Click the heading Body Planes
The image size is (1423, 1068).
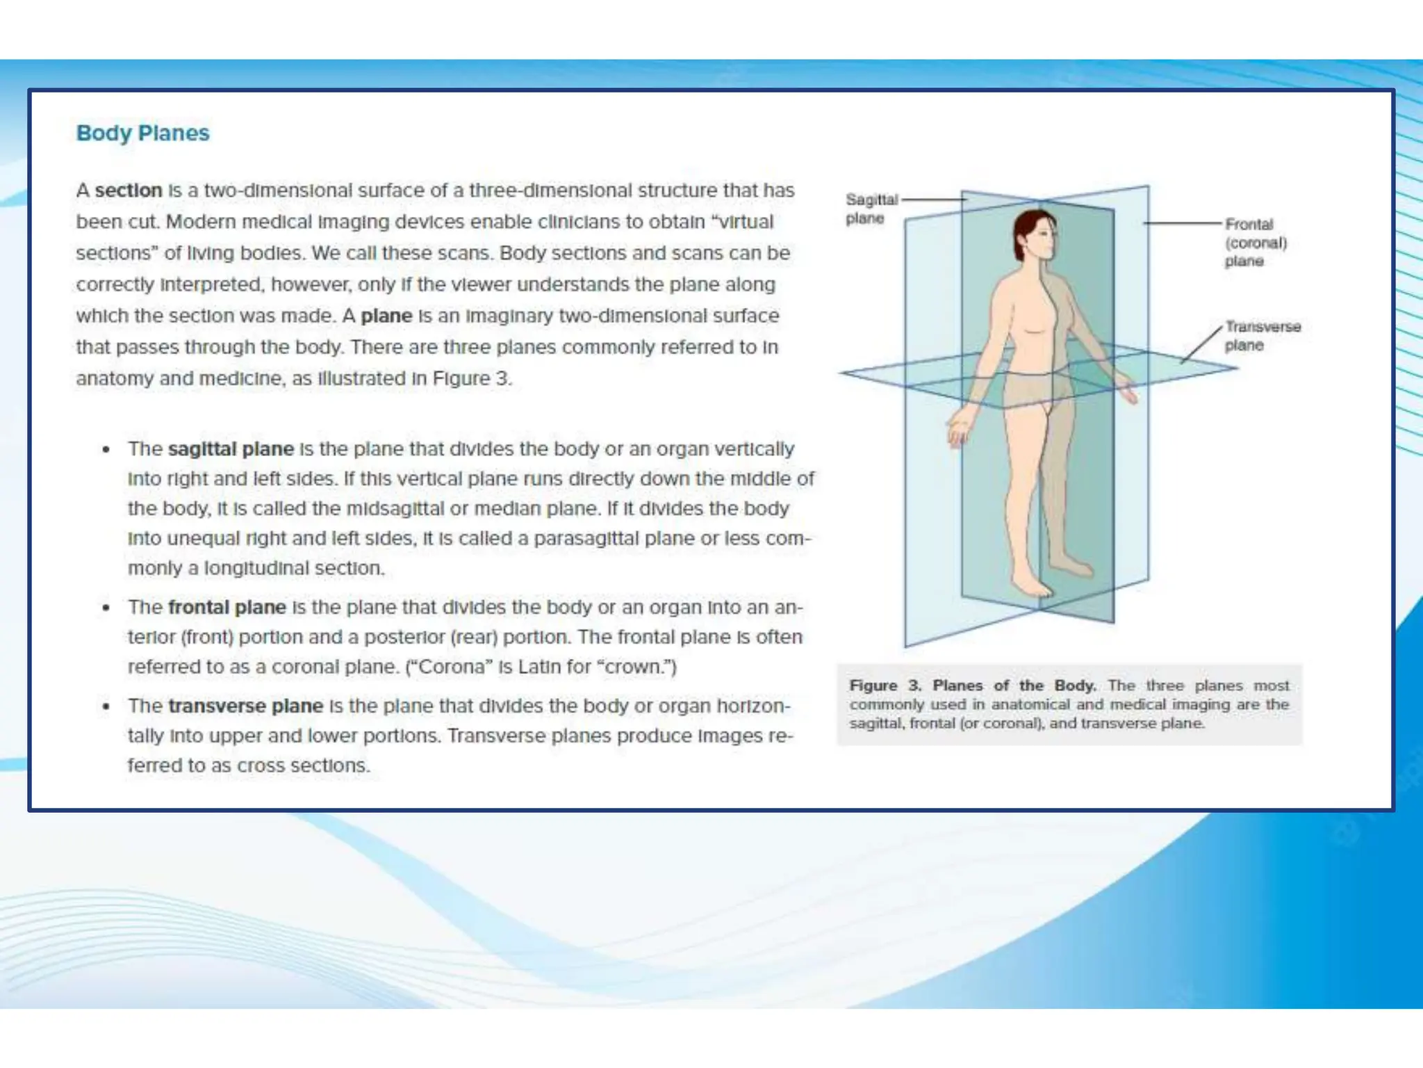(142, 133)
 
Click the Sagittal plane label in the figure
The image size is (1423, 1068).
(871, 209)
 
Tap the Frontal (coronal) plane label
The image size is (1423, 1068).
(1255, 243)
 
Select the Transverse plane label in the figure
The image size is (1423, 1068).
(1262, 336)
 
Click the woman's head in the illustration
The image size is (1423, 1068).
(1035, 236)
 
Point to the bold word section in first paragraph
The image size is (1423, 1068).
(128, 191)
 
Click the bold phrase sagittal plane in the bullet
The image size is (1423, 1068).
(231, 449)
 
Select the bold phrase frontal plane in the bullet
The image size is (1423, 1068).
(227, 608)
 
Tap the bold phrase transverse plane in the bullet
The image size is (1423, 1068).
(245, 706)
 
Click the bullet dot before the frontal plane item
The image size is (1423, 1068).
(106, 608)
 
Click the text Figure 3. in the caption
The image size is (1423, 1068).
(885, 686)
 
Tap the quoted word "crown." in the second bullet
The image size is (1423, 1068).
(639, 667)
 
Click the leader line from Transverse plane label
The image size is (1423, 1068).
(1201, 345)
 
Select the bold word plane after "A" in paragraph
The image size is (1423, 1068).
(386, 316)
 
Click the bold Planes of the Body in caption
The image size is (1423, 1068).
(1014, 686)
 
